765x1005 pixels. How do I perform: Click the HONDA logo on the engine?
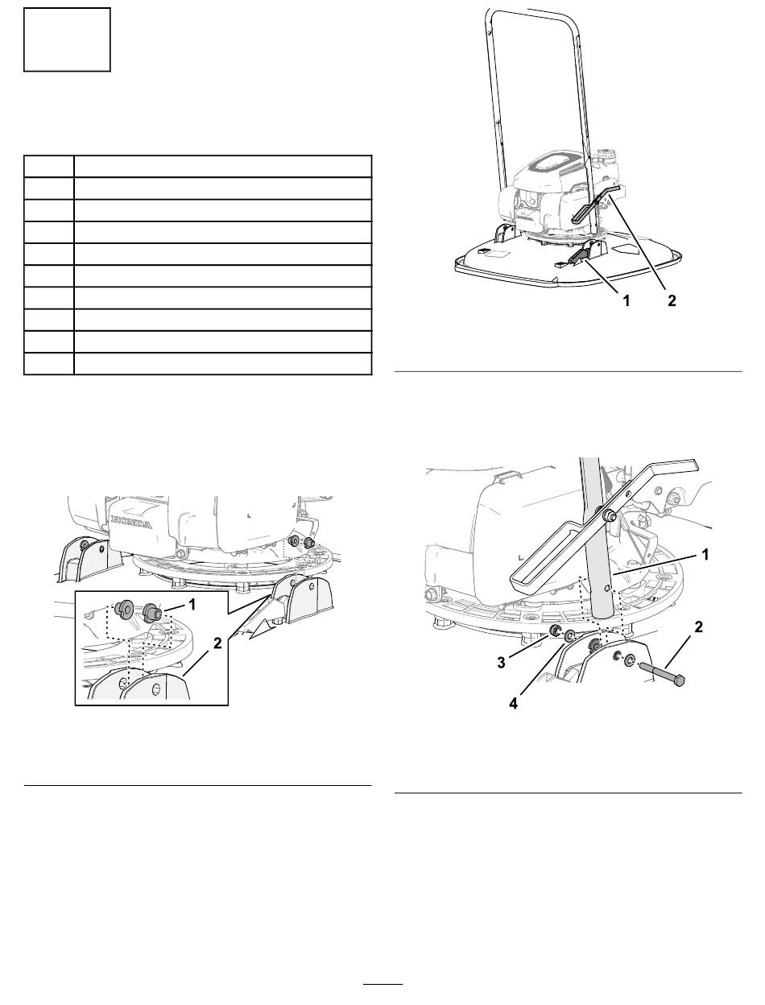(x=132, y=522)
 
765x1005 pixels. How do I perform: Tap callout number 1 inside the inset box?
(x=192, y=605)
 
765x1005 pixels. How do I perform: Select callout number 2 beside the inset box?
(x=217, y=643)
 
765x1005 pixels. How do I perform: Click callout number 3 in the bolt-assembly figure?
(x=502, y=662)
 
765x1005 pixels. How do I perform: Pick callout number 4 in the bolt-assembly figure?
(x=513, y=703)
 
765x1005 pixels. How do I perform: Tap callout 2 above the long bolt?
(x=698, y=627)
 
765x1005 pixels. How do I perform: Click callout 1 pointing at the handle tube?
(x=705, y=555)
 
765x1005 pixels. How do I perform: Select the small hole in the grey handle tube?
(x=606, y=588)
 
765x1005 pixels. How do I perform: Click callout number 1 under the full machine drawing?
(x=626, y=301)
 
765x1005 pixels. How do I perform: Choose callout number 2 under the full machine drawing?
(x=672, y=301)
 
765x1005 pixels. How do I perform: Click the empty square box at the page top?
(x=67, y=39)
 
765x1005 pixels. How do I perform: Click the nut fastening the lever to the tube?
(x=610, y=516)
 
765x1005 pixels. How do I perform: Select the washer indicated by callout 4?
(x=570, y=635)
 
